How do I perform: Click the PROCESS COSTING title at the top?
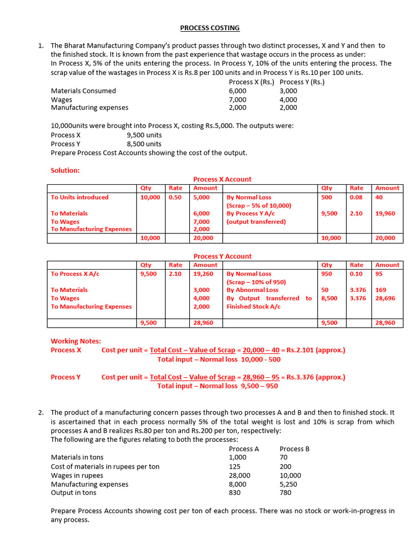[x=210, y=28]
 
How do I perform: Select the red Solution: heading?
[x=65, y=170]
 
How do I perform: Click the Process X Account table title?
[x=223, y=179]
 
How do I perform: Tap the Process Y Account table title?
[x=223, y=256]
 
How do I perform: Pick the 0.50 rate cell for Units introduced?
[x=175, y=197]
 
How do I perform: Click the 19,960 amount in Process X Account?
[x=386, y=214]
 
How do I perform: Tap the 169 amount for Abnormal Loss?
[x=381, y=290]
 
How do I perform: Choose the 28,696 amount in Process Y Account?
[x=386, y=299]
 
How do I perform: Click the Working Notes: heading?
[x=75, y=341]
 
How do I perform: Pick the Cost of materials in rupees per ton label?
[x=105, y=466]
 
